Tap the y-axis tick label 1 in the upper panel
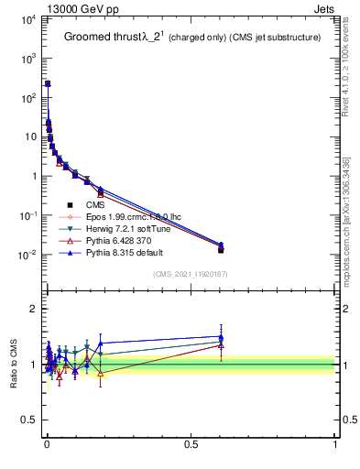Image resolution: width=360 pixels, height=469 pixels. (31, 176)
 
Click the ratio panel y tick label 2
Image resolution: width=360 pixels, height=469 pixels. (31, 309)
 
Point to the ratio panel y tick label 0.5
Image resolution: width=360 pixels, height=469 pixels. (27, 420)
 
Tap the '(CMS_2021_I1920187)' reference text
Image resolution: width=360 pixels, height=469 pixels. (190, 274)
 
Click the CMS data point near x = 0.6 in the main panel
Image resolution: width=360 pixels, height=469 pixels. (221, 249)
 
